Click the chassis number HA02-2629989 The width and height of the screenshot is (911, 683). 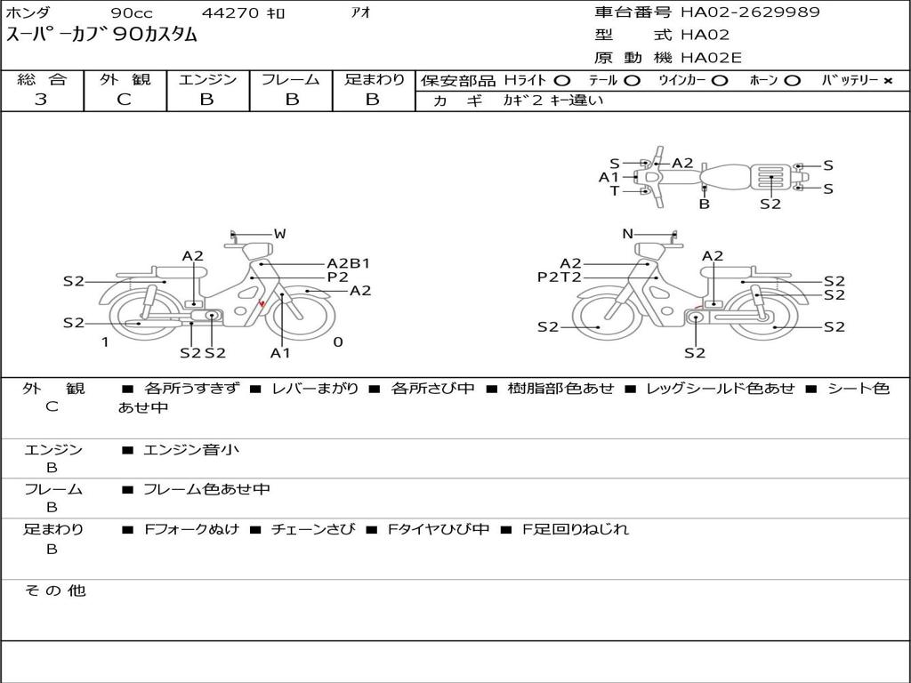tap(750, 12)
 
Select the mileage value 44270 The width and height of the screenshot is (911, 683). tap(230, 12)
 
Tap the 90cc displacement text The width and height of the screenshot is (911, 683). tap(132, 12)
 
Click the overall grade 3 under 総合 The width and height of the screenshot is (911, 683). tap(41, 100)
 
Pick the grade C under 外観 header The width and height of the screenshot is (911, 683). tap(125, 100)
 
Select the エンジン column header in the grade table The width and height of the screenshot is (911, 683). tap(207, 79)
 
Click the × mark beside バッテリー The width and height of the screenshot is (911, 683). tap(888, 81)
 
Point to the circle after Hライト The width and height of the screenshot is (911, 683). tap(562, 81)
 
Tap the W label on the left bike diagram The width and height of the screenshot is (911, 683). tap(280, 234)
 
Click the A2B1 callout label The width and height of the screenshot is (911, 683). tap(348, 263)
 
